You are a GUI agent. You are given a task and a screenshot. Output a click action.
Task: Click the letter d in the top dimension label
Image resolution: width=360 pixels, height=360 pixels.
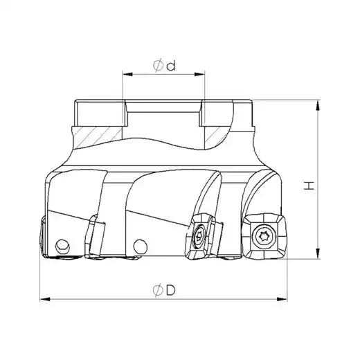[x=171, y=66]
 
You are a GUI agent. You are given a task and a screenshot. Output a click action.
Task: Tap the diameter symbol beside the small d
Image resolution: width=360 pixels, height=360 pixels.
[x=158, y=65]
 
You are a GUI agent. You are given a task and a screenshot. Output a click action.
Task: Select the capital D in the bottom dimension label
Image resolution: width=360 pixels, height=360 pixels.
[x=171, y=290]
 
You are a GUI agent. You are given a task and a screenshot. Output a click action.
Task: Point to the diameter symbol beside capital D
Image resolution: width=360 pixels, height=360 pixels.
[x=158, y=291]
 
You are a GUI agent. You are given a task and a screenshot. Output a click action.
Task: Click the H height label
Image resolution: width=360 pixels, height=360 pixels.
[x=309, y=186]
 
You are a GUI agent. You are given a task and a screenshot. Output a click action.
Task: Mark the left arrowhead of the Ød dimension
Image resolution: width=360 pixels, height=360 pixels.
[x=127, y=74]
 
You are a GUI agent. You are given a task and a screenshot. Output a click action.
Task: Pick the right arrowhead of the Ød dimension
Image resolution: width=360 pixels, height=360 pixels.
[x=199, y=74]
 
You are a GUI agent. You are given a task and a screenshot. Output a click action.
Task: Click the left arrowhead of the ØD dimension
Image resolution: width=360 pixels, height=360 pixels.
[x=45, y=299]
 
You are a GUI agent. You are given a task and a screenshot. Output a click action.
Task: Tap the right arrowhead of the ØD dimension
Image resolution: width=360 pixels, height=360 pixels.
[x=282, y=299]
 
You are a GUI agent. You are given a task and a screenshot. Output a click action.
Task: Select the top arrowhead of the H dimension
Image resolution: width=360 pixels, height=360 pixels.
[x=318, y=106]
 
